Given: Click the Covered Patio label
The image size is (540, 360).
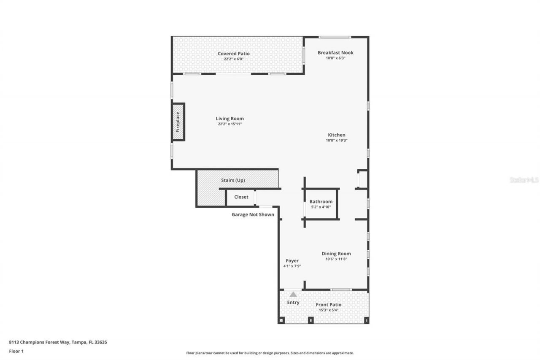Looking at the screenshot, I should pyautogui.click(x=233, y=54).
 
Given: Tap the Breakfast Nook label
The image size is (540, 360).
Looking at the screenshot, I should pyautogui.click(x=335, y=53).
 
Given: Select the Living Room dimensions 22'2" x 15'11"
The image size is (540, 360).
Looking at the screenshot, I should pyautogui.click(x=229, y=124).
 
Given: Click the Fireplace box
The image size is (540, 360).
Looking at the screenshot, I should pyautogui.click(x=178, y=122).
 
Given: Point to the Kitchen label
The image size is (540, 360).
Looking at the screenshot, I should pyautogui.click(x=336, y=135).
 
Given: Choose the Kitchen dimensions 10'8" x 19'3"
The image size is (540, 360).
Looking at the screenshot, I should pyautogui.click(x=336, y=141).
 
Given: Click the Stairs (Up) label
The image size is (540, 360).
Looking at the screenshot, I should pyautogui.click(x=233, y=180).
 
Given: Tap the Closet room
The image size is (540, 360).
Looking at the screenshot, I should pyautogui.click(x=241, y=197).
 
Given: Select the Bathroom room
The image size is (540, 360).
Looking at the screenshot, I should pyautogui.click(x=321, y=204).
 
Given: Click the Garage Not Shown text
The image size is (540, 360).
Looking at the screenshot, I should pyautogui.click(x=253, y=214).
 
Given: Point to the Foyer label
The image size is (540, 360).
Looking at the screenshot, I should pyautogui.click(x=292, y=261).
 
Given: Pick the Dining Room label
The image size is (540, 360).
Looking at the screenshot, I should pyautogui.click(x=336, y=254).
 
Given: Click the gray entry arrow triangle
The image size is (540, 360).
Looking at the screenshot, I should pyautogui.click(x=293, y=294).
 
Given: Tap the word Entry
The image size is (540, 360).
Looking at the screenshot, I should pyautogui.click(x=293, y=302).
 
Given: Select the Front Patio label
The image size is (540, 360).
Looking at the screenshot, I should pyautogui.click(x=329, y=305).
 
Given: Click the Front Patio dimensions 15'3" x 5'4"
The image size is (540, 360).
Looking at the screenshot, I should pyautogui.click(x=329, y=310).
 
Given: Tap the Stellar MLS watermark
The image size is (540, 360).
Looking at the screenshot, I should pyautogui.click(x=524, y=180).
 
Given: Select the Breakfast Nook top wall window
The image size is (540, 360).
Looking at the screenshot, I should pyautogui.click(x=335, y=37).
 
